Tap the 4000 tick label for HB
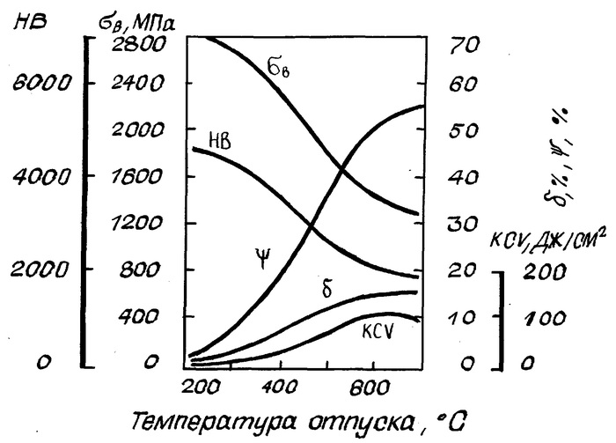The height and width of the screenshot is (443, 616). click(34, 176)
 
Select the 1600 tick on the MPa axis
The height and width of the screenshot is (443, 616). click(139, 177)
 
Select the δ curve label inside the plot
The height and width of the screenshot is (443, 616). click(327, 289)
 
